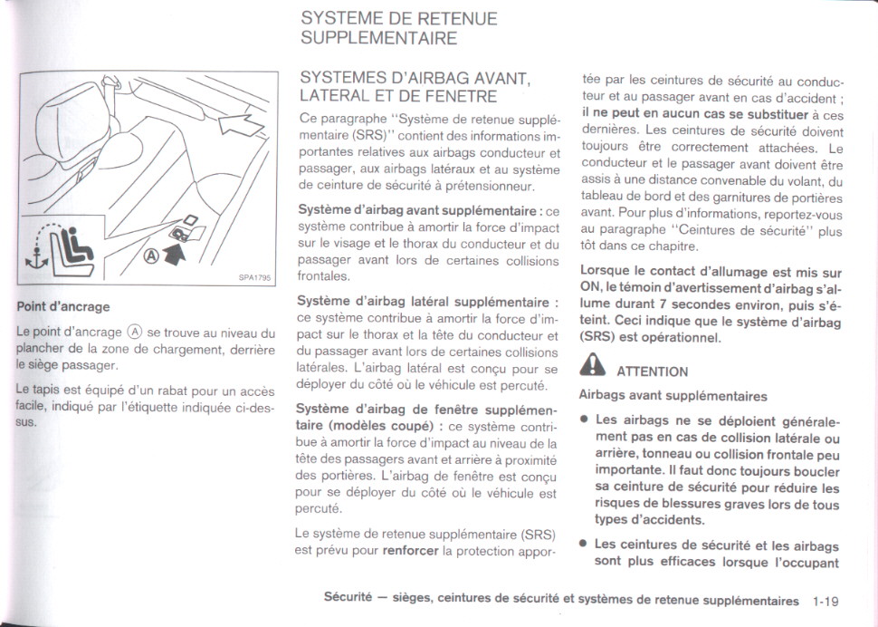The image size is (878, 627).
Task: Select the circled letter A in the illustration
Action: [151, 255]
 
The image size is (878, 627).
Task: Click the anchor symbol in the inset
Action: [35, 260]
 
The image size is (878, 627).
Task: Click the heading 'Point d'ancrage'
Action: [63, 306]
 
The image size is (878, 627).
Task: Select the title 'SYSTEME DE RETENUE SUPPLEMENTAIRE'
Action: [398, 28]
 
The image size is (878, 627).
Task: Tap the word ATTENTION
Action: [652, 371]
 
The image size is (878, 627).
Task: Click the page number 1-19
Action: [826, 601]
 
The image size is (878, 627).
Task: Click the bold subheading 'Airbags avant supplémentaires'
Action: [673, 395]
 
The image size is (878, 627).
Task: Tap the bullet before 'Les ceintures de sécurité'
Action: [586, 545]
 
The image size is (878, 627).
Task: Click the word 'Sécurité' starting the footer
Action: [348, 600]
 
